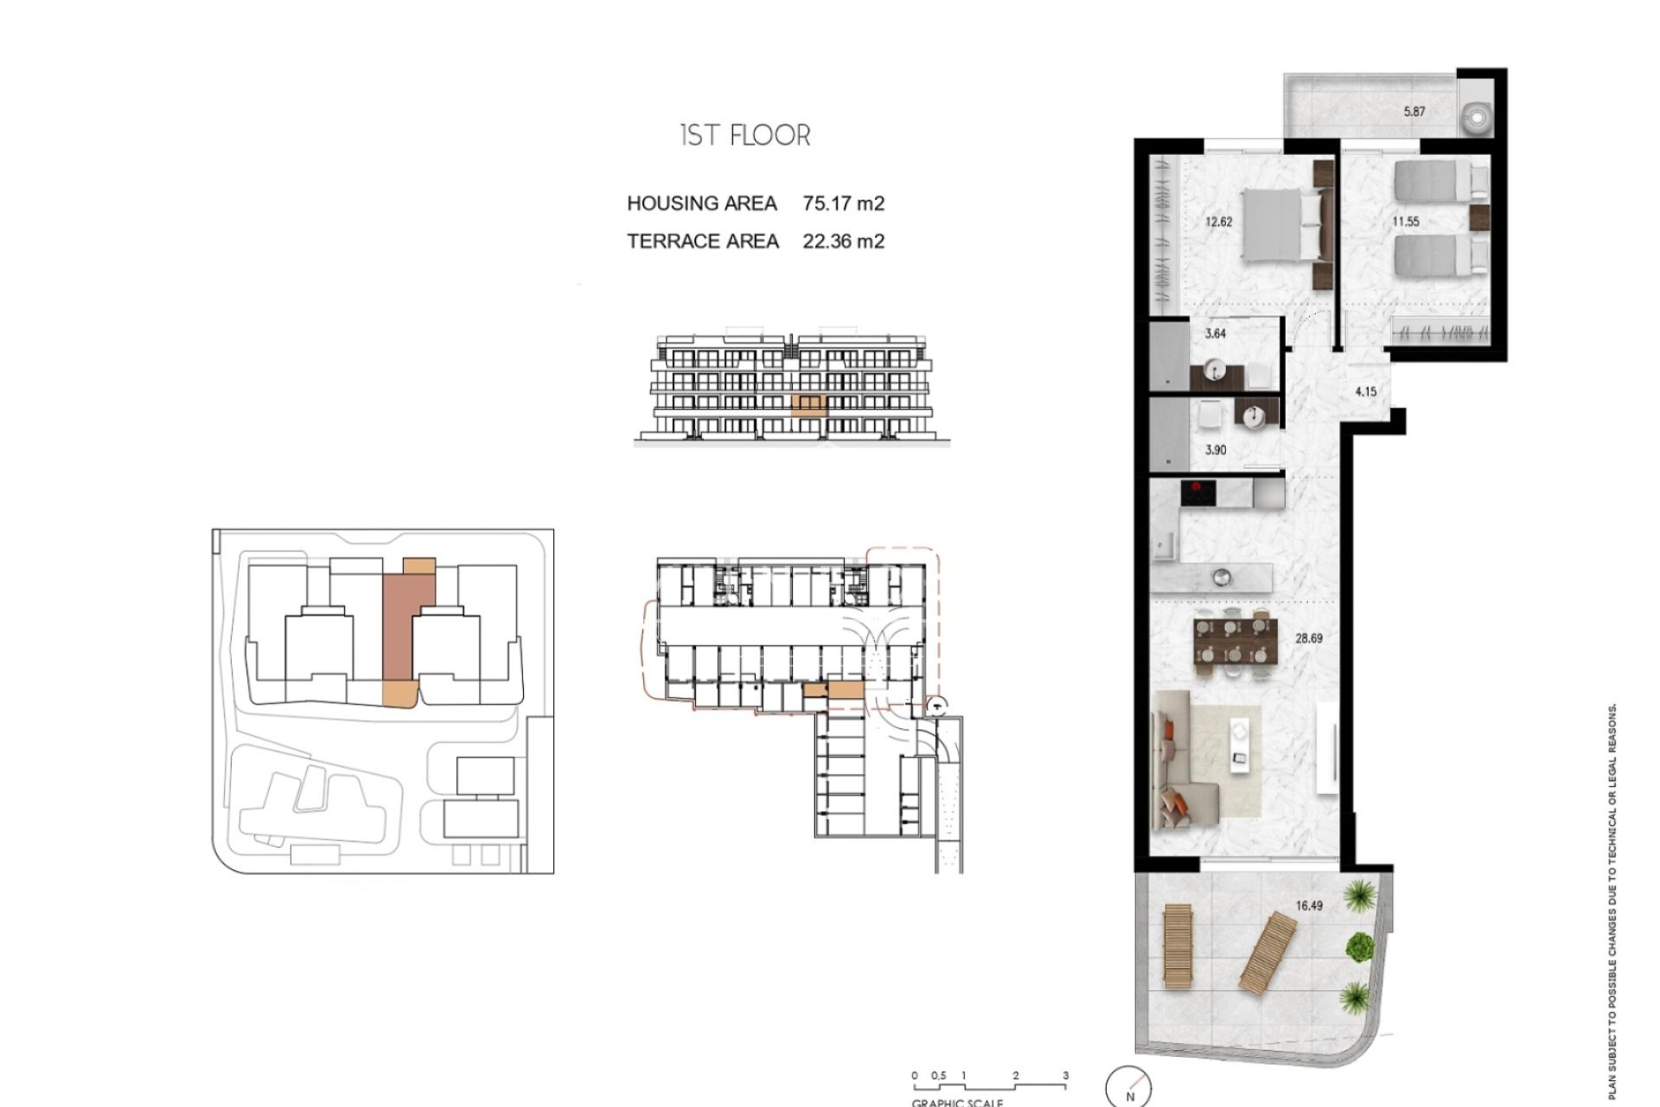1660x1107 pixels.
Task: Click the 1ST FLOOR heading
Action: click(x=745, y=136)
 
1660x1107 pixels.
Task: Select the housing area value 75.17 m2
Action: click(x=843, y=204)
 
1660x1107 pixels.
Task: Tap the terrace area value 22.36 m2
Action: click(x=843, y=241)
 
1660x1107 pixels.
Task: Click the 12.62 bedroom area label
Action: click(x=1218, y=221)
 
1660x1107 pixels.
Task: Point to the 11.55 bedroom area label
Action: click(x=1405, y=221)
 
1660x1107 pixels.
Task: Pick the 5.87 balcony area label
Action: click(x=1414, y=112)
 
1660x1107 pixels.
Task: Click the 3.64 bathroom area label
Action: click(x=1216, y=334)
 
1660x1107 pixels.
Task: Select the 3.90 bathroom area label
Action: click(x=1216, y=451)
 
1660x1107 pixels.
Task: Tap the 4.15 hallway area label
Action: click(x=1365, y=392)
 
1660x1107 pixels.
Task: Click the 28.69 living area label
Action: click(x=1309, y=639)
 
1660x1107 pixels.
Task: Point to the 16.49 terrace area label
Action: click(x=1309, y=906)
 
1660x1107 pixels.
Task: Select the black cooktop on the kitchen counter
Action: click(x=1198, y=494)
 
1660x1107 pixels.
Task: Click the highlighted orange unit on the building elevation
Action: click(x=809, y=404)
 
